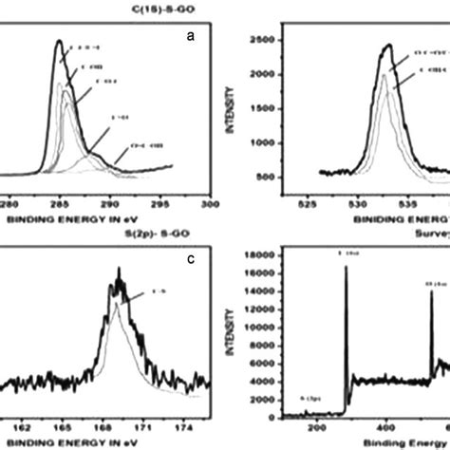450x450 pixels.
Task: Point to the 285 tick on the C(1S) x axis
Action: click(x=59, y=202)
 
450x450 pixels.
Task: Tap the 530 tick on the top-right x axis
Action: click(x=358, y=202)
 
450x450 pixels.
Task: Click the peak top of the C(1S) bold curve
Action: click(x=59, y=42)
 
